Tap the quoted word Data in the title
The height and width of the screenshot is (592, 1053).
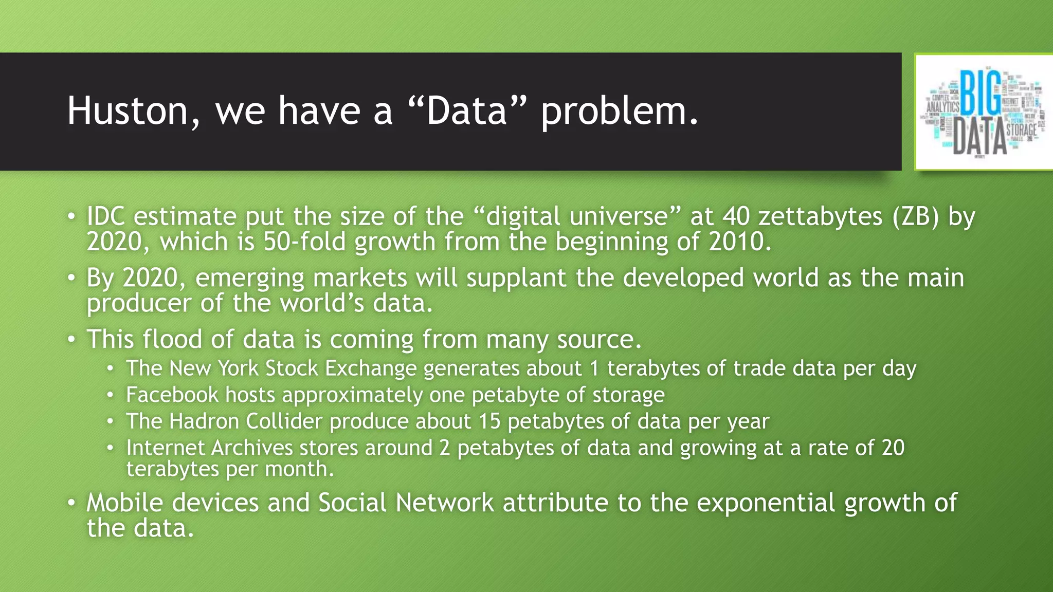[x=467, y=111]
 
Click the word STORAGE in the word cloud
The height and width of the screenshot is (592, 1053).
[x=1021, y=130]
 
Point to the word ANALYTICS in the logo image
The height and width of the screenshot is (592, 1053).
[x=942, y=106]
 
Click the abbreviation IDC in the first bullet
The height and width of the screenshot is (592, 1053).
[x=105, y=216]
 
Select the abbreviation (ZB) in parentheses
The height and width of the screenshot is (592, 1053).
[x=916, y=216]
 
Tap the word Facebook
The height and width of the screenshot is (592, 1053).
[x=172, y=395]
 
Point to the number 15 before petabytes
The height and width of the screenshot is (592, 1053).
[x=489, y=421]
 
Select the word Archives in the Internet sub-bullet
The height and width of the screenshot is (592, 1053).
[x=251, y=448]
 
